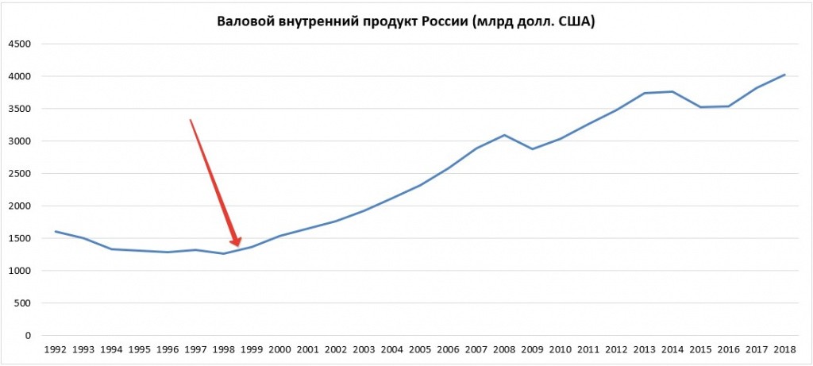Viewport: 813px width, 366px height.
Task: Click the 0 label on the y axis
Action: (28, 336)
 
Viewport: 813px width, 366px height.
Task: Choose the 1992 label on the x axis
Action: (56, 349)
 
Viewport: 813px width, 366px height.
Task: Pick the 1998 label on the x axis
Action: (223, 349)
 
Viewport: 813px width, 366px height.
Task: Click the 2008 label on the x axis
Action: (504, 349)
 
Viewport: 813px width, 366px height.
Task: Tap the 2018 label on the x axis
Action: (784, 349)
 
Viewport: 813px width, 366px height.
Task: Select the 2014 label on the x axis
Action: (672, 349)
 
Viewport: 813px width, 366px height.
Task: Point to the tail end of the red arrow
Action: (190, 120)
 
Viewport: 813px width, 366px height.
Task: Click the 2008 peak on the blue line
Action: (504, 135)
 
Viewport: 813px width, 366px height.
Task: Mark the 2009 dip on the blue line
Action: (532, 149)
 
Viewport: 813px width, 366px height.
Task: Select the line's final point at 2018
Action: (784, 75)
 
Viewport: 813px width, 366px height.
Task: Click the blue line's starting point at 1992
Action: (56, 231)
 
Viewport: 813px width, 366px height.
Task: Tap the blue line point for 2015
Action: (700, 107)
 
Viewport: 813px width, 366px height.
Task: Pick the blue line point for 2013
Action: (645, 93)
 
